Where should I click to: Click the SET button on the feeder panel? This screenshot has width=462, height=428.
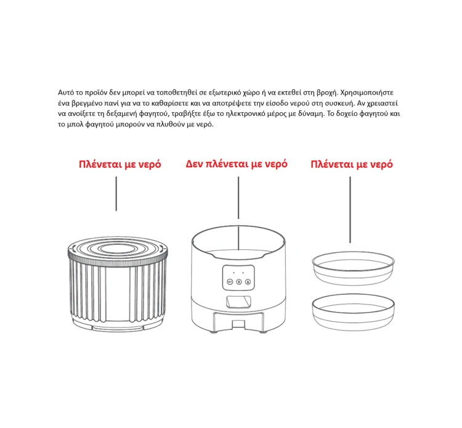click(x=230, y=282)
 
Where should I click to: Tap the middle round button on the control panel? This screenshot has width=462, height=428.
click(x=239, y=282)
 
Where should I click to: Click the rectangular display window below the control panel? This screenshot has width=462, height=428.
click(x=238, y=302)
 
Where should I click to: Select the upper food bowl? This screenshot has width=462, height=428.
click(x=354, y=268)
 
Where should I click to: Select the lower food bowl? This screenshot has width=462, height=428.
click(x=354, y=312)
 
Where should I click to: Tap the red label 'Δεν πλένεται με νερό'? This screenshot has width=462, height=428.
click(x=237, y=164)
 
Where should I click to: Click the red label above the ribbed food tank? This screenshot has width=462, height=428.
click(x=120, y=164)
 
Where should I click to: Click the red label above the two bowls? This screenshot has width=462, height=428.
click(x=352, y=164)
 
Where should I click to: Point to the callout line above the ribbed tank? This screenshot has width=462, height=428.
click(x=116, y=194)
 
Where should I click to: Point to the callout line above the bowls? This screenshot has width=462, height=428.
click(x=350, y=210)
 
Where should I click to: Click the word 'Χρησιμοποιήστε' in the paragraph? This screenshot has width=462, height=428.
click(x=367, y=93)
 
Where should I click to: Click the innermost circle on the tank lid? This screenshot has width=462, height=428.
click(x=118, y=249)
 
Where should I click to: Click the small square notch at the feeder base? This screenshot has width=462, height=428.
click(x=238, y=324)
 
